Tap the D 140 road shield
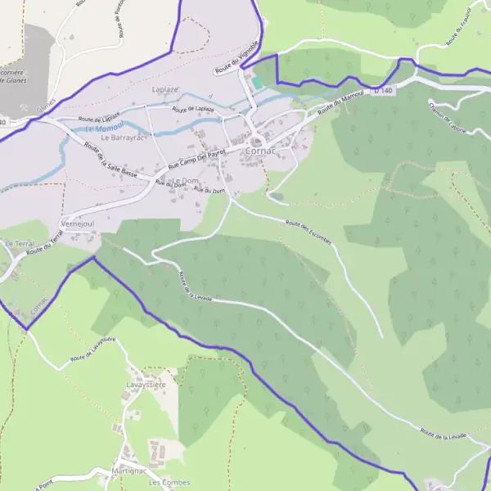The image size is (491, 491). click(x=383, y=90)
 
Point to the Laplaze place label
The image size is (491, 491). click(x=166, y=88)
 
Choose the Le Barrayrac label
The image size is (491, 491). click(x=122, y=138)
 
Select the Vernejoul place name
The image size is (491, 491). click(x=80, y=223)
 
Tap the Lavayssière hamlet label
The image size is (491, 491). click(x=146, y=384)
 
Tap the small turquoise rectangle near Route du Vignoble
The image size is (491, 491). click(x=259, y=83)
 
